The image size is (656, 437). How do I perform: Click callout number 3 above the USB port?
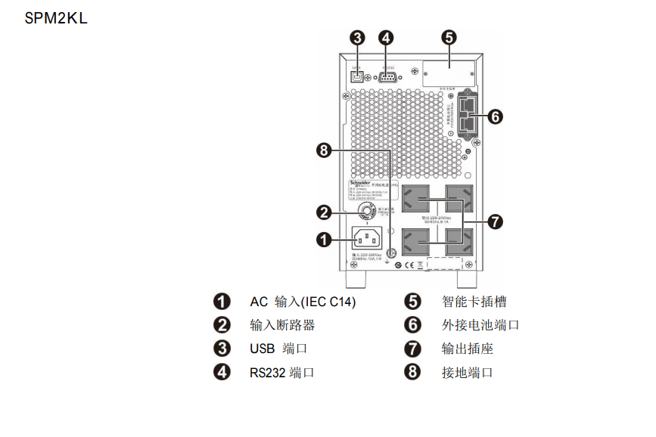[x=358, y=37]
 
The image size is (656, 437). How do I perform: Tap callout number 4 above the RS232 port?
[x=386, y=37]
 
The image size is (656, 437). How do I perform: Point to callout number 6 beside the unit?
[x=495, y=116]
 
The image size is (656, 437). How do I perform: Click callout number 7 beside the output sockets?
[x=495, y=222]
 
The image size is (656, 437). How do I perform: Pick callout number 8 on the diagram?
[x=325, y=150]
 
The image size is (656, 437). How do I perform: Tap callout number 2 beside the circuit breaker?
[x=324, y=212]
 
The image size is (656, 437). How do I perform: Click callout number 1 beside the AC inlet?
[x=324, y=240]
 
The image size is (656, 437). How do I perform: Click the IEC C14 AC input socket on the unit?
[x=370, y=239]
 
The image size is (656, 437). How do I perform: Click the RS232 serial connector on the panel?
[x=386, y=76]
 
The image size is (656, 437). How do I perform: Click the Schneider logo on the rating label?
[x=359, y=183]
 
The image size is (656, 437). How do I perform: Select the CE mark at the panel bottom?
[x=409, y=265]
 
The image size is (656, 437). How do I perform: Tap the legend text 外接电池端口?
[x=480, y=325]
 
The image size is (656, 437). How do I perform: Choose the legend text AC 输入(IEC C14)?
[x=303, y=302]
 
